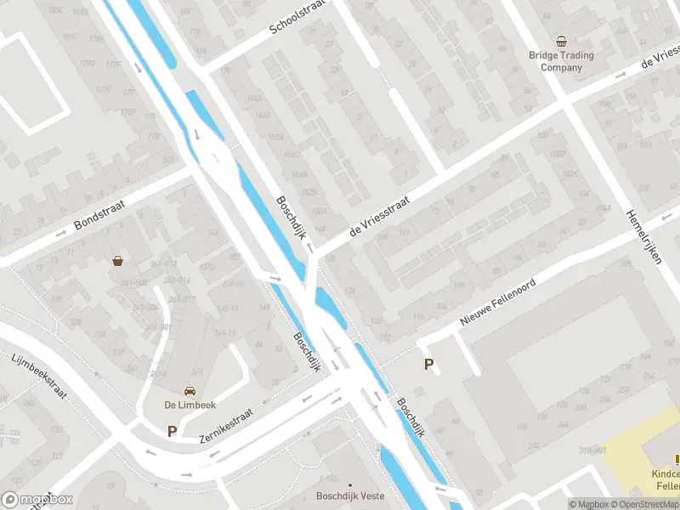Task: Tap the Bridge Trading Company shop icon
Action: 561,41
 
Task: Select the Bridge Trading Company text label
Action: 561,61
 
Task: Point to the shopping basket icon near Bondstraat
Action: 117,261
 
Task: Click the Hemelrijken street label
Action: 644,238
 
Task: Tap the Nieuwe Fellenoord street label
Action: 498,303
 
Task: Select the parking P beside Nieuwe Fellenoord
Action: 428,365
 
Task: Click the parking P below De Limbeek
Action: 172,431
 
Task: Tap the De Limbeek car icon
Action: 189,390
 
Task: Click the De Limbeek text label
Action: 189,405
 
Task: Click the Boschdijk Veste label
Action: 349,496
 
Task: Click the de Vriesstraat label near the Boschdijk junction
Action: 378,216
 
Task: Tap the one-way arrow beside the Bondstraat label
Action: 60,233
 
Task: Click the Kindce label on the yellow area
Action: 664,474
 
